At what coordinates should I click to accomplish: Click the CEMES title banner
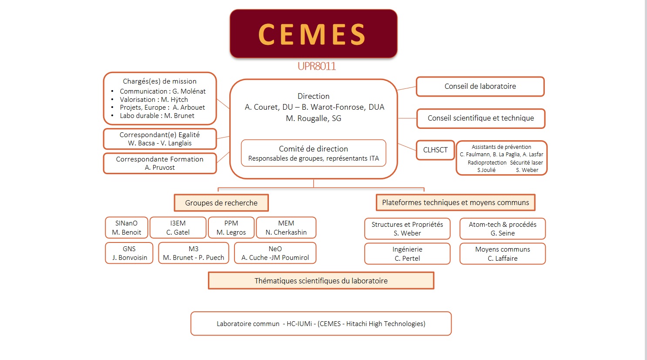click(x=313, y=34)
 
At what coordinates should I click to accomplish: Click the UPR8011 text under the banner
click(x=316, y=66)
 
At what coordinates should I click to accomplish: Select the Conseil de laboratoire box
click(x=480, y=86)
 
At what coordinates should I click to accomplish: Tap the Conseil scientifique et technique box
click(x=480, y=118)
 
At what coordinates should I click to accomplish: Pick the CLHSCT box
click(x=435, y=150)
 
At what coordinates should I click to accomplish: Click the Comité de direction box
click(x=313, y=153)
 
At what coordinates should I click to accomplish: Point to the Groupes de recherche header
click(x=221, y=203)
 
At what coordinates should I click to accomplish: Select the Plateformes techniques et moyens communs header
click(x=455, y=202)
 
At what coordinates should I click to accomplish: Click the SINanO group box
click(x=126, y=228)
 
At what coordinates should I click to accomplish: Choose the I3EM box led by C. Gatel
click(x=178, y=228)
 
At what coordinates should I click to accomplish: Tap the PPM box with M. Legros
click(x=231, y=228)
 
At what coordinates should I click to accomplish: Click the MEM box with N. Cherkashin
click(x=286, y=228)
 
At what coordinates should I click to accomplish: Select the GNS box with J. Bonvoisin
click(x=129, y=253)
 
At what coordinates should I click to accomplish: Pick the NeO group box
click(x=275, y=253)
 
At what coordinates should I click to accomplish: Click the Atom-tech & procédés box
click(x=502, y=229)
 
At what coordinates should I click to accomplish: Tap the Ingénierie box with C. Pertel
click(x=407, y=254)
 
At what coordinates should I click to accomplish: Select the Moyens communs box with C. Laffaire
click(x=502, y=254)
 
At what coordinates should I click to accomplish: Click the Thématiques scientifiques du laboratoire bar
click(x=321, y=281)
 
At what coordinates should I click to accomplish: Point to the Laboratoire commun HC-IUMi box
click(x=321, y=323)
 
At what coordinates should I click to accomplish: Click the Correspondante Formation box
click(x=160, y=163)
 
